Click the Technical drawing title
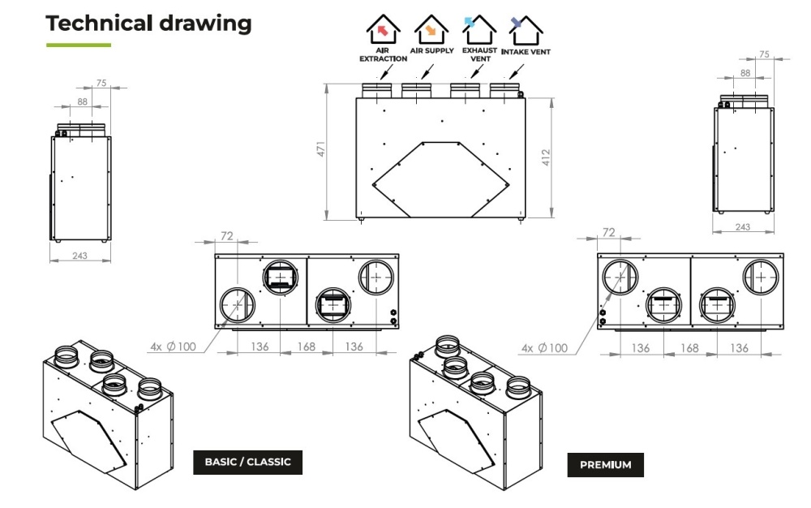148,24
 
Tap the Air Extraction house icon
383,29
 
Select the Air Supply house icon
431,29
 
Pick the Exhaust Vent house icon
479,29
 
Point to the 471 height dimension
321,149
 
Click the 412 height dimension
546,157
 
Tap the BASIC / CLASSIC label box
247,462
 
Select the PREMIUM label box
606,464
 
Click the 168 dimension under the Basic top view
307,347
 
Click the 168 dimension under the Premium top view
689,348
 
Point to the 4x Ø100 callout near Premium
544,348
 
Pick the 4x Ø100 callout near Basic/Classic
174,347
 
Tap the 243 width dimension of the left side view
79,256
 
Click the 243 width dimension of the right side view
743,227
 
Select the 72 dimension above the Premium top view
609,232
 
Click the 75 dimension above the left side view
101,83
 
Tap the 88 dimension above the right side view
745,73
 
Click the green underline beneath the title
79,45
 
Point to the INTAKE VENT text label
526,52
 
